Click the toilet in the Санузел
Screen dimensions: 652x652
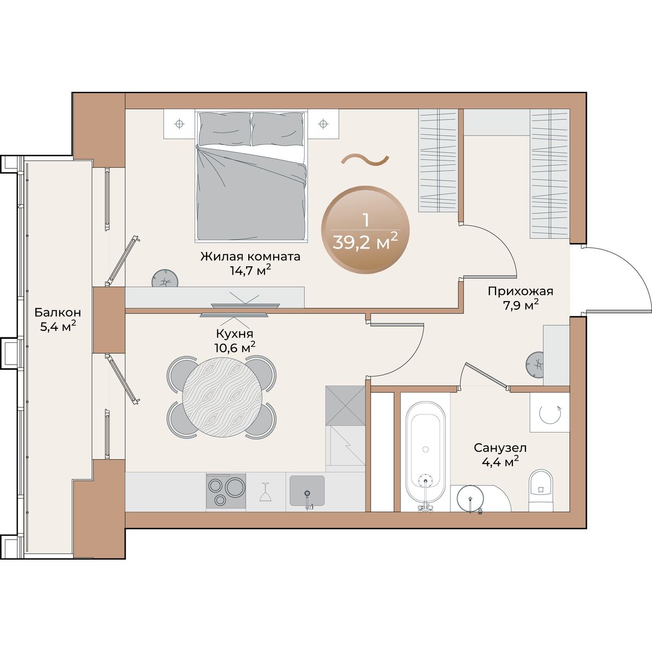[x=541, y=490]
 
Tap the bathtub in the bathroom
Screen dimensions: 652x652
[x=425, y=453]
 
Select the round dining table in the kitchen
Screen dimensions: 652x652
[x=222, y=397]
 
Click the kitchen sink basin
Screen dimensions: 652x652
[x=307, y=491]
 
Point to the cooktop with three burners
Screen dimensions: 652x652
[x=226, y=491]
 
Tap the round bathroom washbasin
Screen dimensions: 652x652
[x=471, y=499]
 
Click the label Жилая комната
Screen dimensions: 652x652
[x=250, y=256]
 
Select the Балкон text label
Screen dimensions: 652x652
[x=58, y=312]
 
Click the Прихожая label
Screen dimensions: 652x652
[x=521, y=291]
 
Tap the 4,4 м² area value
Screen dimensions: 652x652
[x=500, y=461]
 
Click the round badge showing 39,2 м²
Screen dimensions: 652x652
[x=366, y=230]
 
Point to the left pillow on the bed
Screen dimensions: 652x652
[x=225, y=129]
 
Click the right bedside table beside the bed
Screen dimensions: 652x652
[x=323, y=124]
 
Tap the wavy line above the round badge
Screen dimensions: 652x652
[x=365, y=160]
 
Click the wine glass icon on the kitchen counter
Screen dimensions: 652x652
[x=265, y=492]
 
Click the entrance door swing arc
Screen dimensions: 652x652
[x=633, y=268]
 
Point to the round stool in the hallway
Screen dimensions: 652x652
[x=535, y=365]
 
